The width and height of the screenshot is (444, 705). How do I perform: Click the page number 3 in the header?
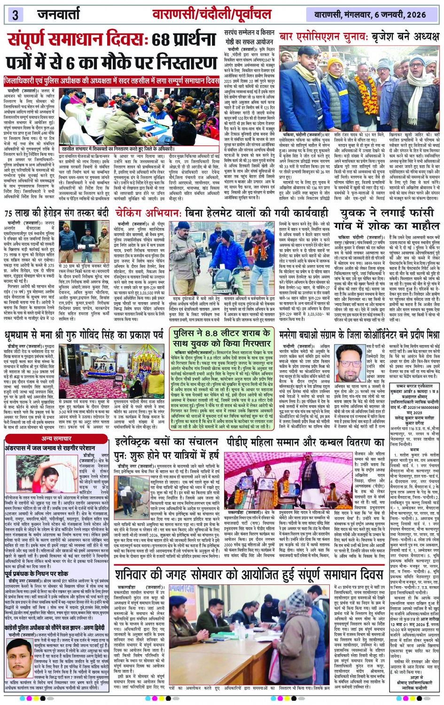coord(15,15)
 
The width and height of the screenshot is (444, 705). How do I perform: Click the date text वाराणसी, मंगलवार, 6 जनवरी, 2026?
coord(374,15)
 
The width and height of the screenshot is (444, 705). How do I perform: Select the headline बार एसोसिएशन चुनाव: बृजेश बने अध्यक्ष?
coord(359,37)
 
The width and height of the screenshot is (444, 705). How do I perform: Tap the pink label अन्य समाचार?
coord(56,438)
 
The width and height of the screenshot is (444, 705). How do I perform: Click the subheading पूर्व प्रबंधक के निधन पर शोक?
coord(37,574)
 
